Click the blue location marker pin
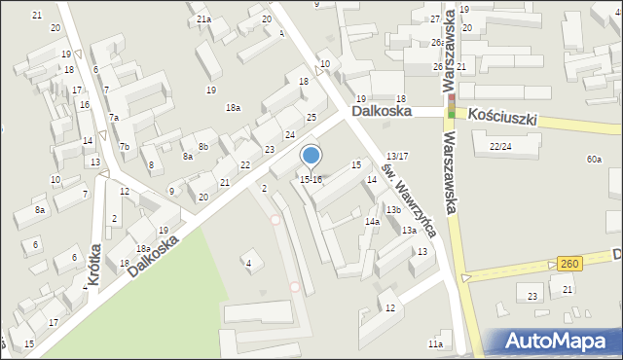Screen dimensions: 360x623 click(x=311, y=155)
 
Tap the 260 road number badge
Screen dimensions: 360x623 click(x=571, y=264)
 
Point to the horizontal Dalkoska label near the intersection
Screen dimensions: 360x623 click(x=382, y=112)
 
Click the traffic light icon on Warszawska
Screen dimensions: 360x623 click(x=451, y=101)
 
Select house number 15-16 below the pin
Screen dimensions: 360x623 click(x=311, y=180)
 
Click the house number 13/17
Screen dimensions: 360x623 click(x=397, y=157)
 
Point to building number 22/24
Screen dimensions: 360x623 click(x=500, y=146)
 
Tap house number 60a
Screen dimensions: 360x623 click(x=594, y=159)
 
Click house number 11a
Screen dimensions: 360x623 click(x=435, y=344)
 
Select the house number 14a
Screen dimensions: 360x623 click(x=372, y=222)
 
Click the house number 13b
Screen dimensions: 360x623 click(x=392, y=210)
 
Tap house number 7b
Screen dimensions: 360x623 click(x=125, y=147)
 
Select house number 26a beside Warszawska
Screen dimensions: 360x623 click(x=438, y=43)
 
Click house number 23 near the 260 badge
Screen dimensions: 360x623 click(x=532, y=296)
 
